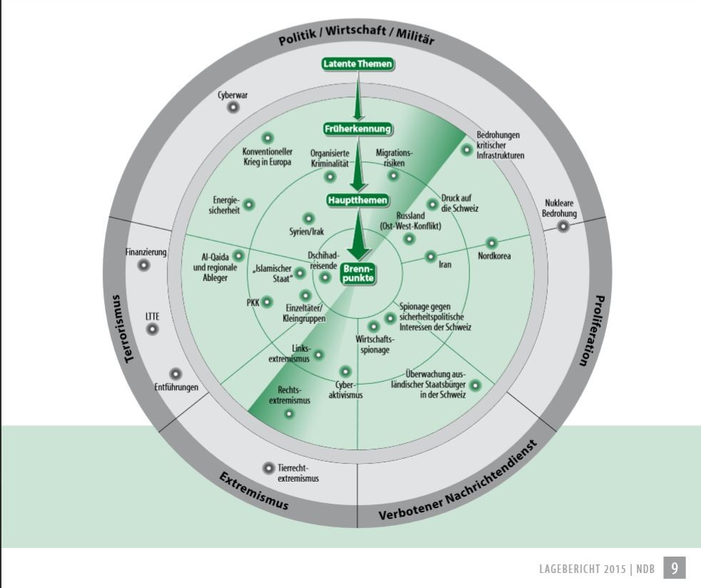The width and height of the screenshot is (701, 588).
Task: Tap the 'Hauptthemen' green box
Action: pos(358,200)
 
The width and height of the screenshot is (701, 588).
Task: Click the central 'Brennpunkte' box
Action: pos(358,273)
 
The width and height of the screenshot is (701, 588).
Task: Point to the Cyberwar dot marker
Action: pos(232,108)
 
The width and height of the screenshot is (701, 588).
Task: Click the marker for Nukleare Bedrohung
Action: pos(563,226)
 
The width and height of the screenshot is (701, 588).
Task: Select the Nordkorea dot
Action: pos(492,243)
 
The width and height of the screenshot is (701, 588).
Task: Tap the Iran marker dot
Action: pos(431,256)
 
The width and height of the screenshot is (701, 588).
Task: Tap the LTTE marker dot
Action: pos(151,330)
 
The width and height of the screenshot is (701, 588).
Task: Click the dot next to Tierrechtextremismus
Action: pos(268,467)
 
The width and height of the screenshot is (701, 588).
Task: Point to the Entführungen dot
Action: pos(175,374)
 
